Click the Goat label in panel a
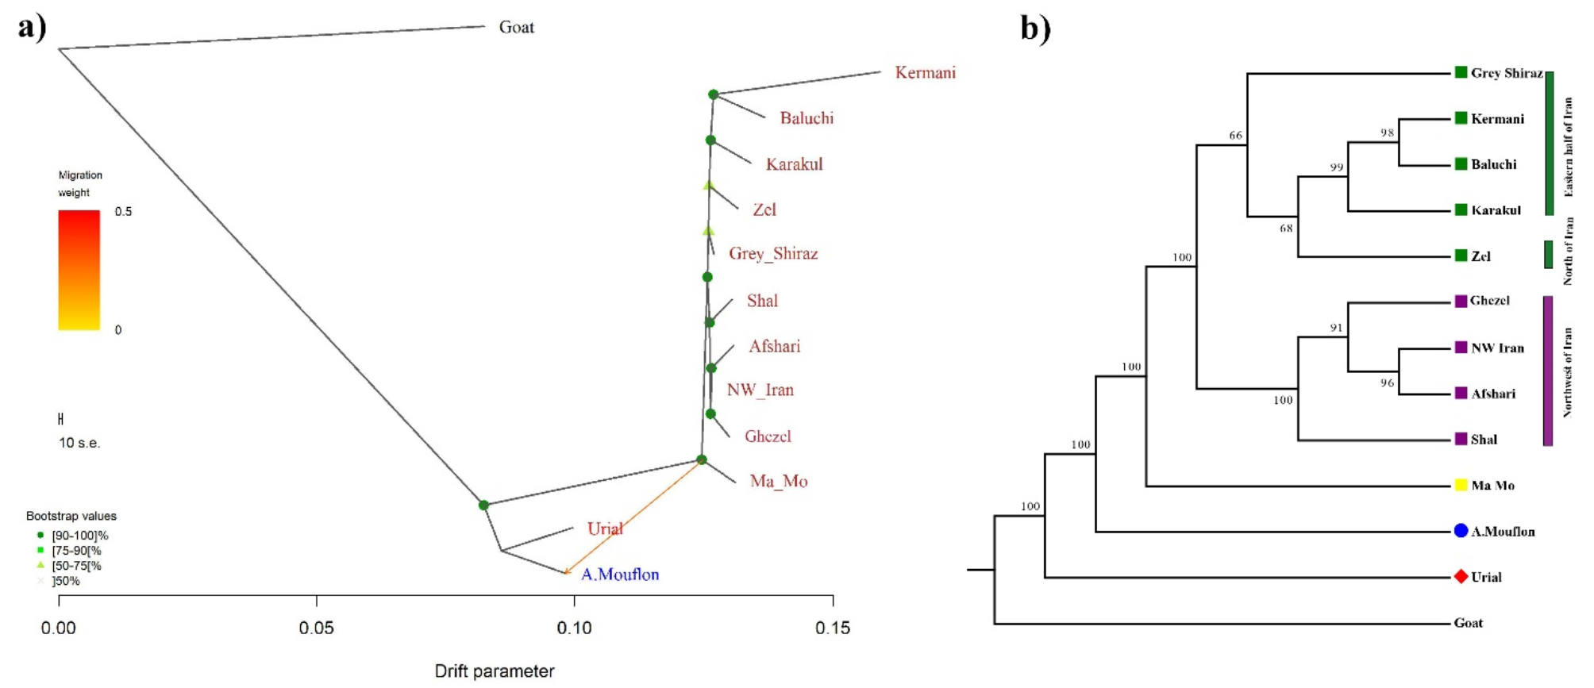(516, 27)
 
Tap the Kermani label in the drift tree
(925, 72)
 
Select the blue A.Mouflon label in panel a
(619, 574)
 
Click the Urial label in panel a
(605, 528)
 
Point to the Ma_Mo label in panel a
(778, 481)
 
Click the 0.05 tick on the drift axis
(316, 628)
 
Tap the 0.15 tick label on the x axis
(833, 628)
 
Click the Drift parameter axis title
(494, 671)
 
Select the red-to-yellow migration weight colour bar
(79, 270)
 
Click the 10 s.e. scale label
(79, 443)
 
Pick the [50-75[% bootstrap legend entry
(75, 566)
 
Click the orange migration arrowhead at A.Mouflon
(566, 571)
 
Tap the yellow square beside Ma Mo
(1461, 485)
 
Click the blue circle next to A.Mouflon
(1461, 531)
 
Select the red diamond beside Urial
(1461, 577)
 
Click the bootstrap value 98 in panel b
(1387, 133)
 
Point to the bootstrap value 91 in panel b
(1337, 327)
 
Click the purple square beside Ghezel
(1461, 301)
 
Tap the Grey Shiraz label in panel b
(1506, 73)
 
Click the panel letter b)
(1035, 29)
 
